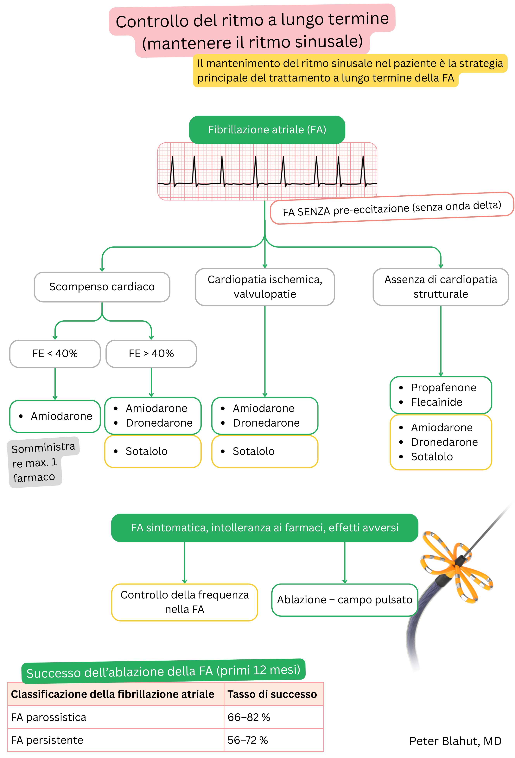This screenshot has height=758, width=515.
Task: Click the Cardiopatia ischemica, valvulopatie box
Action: click(x=265, y=287)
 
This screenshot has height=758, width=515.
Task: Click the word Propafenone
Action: click(x=443, y=388)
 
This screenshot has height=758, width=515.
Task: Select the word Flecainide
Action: click(x=436, y=402)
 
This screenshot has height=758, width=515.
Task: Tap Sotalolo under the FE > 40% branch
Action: click(x=147, y=451)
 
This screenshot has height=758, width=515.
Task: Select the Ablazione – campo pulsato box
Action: click(x=345, y=600)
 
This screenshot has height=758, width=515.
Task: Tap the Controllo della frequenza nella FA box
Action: click(x=184, y=602)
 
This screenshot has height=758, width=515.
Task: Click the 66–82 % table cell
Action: click(x=249, y=717)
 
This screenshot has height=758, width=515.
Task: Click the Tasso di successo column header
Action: click(x=272, y=694)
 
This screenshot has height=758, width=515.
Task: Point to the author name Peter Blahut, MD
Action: click(x=455, y=741)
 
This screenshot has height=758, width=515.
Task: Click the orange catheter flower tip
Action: click(x=456, y=566)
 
